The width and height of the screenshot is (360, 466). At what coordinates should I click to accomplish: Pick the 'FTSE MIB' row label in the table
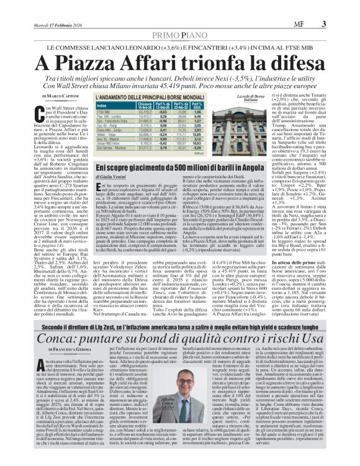pos(103,112)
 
